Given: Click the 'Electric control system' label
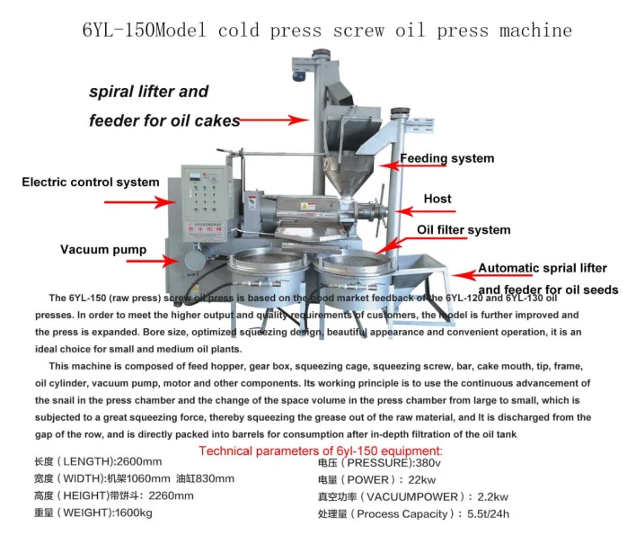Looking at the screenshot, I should [90, 183].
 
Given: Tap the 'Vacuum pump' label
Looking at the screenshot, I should [96, 249].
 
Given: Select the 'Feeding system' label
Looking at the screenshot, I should [446, 158].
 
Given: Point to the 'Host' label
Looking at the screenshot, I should [437, 199].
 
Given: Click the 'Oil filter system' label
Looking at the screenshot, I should [463, 230].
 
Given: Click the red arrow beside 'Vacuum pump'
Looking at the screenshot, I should [151, 261].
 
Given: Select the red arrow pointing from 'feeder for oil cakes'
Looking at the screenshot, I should [274, 119].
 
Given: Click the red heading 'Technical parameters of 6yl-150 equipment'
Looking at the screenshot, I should [320, 450].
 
